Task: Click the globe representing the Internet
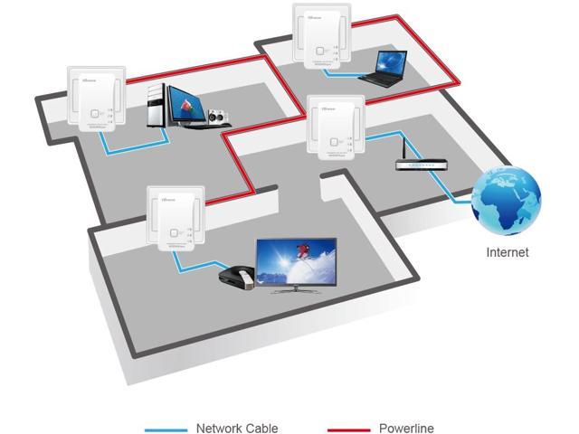(x=506, y=200)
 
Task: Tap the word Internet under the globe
(x=507, y=252)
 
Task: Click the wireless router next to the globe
(x=422, y=164)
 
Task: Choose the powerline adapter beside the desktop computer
(x=95, y=101)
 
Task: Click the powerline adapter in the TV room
(x=176, y=220)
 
